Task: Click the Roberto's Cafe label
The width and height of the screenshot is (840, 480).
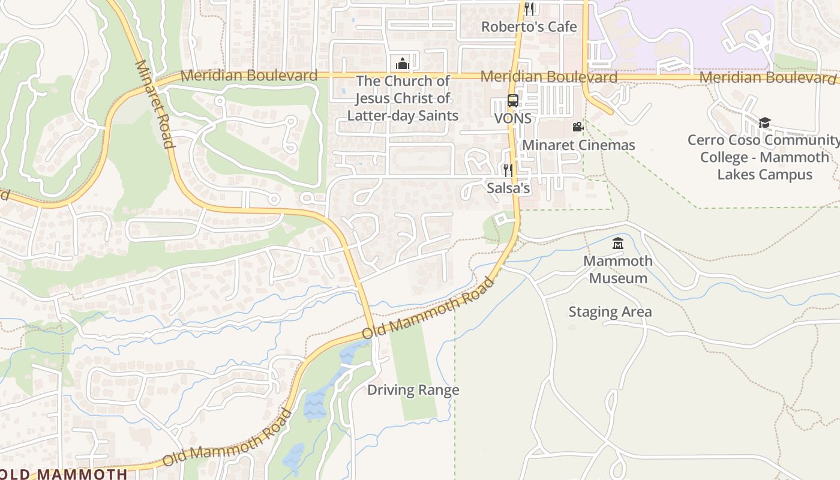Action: (x=529, y=27)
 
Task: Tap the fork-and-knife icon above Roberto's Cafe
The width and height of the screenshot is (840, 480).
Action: (x=529, y=8)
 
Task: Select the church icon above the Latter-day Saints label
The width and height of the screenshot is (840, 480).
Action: (x=402, y=63)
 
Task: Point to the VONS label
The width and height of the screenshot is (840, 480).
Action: (x=512, y=118)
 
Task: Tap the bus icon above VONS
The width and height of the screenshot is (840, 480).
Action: (x=513, y=101)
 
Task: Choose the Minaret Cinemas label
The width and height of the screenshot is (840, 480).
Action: (x=578, y=145)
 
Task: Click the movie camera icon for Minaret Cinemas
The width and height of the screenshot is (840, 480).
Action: (x=578, y=127)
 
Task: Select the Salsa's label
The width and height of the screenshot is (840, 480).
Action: (x=508, y=188)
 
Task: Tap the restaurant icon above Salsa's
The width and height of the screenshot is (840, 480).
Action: (x=508, y=170)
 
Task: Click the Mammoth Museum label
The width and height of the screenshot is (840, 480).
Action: (x=617, y=269)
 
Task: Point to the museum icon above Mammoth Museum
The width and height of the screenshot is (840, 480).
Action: (x=617, y=244)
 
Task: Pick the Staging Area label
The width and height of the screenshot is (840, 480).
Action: (x=610, y=312)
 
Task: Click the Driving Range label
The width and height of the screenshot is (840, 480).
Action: (x=413, y=390)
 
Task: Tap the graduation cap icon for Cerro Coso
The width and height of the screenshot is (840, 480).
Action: (x=764, y=123)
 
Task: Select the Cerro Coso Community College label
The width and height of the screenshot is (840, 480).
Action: (x=764, y=157)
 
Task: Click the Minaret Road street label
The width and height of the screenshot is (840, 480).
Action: (x=155, y=104)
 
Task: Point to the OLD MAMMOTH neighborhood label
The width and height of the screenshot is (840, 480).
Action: (x=64, y=473)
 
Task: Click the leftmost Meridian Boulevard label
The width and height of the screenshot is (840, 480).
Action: (x=248, y=76)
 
